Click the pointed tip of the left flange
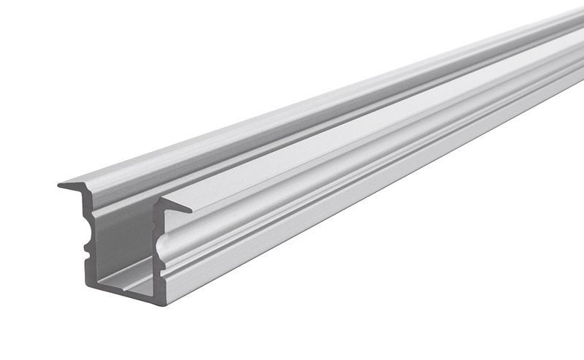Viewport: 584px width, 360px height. point(60,185)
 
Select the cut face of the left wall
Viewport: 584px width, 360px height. point(89,234)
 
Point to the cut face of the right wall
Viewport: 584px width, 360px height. point(155,248)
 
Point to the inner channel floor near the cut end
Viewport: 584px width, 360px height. point(128,273)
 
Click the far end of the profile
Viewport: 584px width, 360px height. point(577,44)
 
